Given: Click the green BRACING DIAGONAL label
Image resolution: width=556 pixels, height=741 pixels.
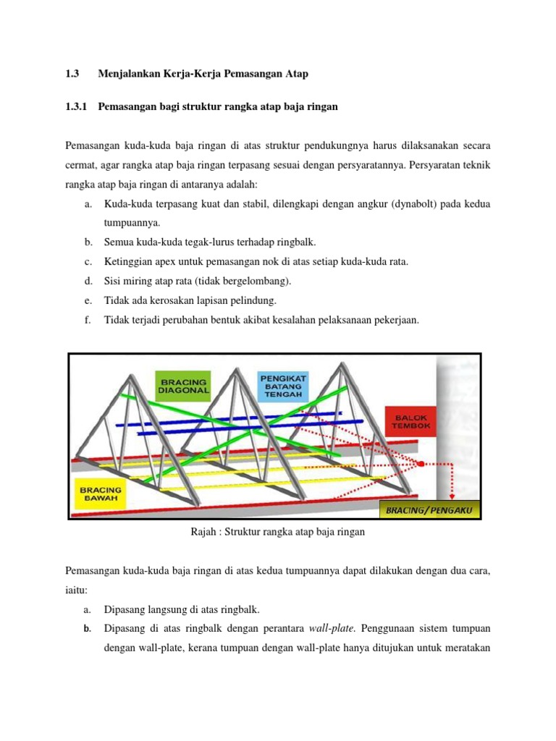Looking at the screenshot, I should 183,386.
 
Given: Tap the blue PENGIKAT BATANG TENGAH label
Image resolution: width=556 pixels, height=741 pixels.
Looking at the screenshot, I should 283,385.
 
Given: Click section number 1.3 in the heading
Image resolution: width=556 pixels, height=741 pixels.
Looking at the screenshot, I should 71,73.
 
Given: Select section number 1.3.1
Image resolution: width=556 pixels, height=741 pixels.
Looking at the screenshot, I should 75,106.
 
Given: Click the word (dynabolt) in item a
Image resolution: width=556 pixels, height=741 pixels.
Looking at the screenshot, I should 415,204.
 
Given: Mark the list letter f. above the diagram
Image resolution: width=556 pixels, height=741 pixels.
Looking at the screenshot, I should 87,318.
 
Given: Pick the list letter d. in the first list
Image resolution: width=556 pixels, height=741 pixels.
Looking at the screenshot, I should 88,281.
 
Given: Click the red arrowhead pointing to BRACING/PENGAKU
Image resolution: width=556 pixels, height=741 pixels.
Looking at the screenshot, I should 451,497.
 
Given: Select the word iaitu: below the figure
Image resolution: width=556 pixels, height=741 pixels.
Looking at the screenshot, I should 77,590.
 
